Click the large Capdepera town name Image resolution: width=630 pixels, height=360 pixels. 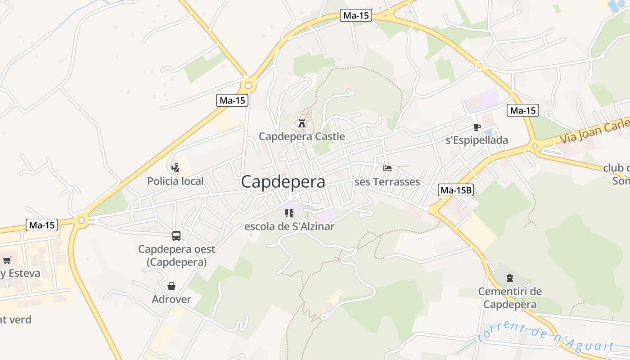tap(283, 182)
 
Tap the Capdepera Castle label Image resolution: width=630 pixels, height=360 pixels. tap(302, 136)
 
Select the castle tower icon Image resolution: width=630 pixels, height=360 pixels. tap(302, 122)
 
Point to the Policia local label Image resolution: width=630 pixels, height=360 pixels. tap(175, 181)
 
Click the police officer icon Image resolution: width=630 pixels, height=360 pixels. tap(175, 168)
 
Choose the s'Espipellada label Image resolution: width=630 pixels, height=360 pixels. tap(477, 140)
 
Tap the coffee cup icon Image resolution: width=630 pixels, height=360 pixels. tap(477, 127)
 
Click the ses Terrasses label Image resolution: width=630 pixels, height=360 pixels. tap(387, 182)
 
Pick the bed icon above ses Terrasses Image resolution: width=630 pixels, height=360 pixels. tap(387, 168)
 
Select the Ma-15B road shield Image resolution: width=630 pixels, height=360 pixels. tap(456, 190)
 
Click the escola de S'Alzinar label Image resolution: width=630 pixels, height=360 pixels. tap(289, 226)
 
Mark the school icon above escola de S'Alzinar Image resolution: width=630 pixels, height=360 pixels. tap(289, 213)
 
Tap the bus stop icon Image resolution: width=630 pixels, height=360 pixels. tap(176, 235)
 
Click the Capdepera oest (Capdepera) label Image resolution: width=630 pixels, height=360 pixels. tap(176, 256)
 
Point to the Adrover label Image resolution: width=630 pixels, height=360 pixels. tap(171, 299)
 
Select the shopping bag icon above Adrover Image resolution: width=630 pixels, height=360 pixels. tap(171, 286)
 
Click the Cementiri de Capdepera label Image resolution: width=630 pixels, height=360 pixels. tap(510, 298)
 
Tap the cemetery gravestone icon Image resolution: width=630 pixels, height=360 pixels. tap(510, 278)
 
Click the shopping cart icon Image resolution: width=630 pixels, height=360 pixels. tap(7, 260)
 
